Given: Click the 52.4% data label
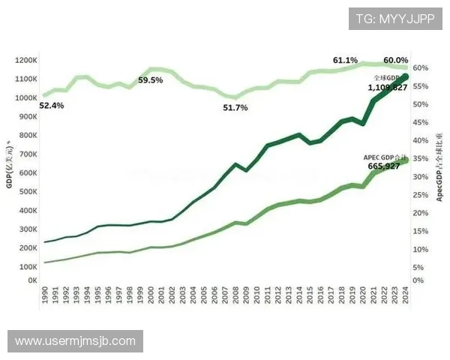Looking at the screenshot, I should click(x=52, y=106).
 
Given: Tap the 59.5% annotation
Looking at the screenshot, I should click(x=151, y=80).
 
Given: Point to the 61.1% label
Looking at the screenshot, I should click(x=345, y=60).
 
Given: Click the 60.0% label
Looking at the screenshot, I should click(x=395, y=60).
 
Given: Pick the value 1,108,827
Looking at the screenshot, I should click(x=388, y=88).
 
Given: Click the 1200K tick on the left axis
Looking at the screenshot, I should click(x=26, y=60).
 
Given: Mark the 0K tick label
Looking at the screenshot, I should click(x=32, y=280).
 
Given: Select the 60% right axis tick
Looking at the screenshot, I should click(x=421, y=68).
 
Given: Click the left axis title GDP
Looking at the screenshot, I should click(x=10, y=165).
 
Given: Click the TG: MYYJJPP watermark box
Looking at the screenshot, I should click(x=394, y=19).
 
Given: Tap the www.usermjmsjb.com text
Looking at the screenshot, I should click(x=75, y=341).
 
